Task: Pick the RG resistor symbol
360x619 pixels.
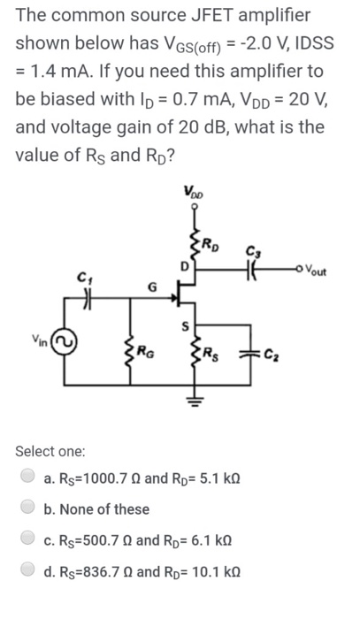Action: coord(134,356)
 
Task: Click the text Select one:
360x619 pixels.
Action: coord(51,451)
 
